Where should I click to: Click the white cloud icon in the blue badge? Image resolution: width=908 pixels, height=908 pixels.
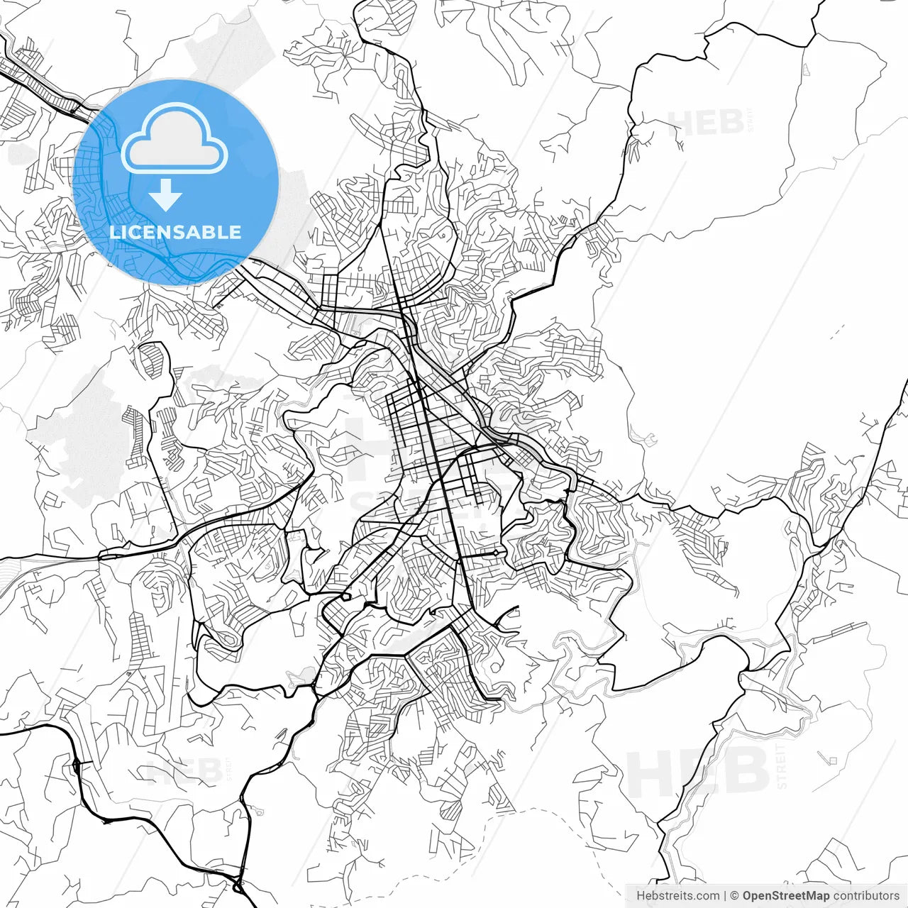[x=175, y=139]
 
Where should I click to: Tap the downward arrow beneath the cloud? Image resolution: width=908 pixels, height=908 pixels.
[x=166, y=195]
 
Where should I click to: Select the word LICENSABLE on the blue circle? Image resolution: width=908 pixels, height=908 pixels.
[x=175, y=232]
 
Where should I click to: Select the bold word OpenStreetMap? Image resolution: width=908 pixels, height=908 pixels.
[x=786, y=896]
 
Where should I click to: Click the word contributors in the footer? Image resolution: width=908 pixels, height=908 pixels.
[x=866, y=896]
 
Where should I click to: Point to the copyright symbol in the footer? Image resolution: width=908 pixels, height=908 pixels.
[x=735, y=896]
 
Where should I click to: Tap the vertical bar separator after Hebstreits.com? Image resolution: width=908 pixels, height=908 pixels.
[x=725, y=896]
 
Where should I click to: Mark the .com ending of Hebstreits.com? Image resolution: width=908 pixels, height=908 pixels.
[x=707, y=896]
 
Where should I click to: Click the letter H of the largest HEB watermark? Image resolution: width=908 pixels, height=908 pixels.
[x=651, y=772]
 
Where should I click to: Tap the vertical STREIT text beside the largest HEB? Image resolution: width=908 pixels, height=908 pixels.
[x=782, y=766]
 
